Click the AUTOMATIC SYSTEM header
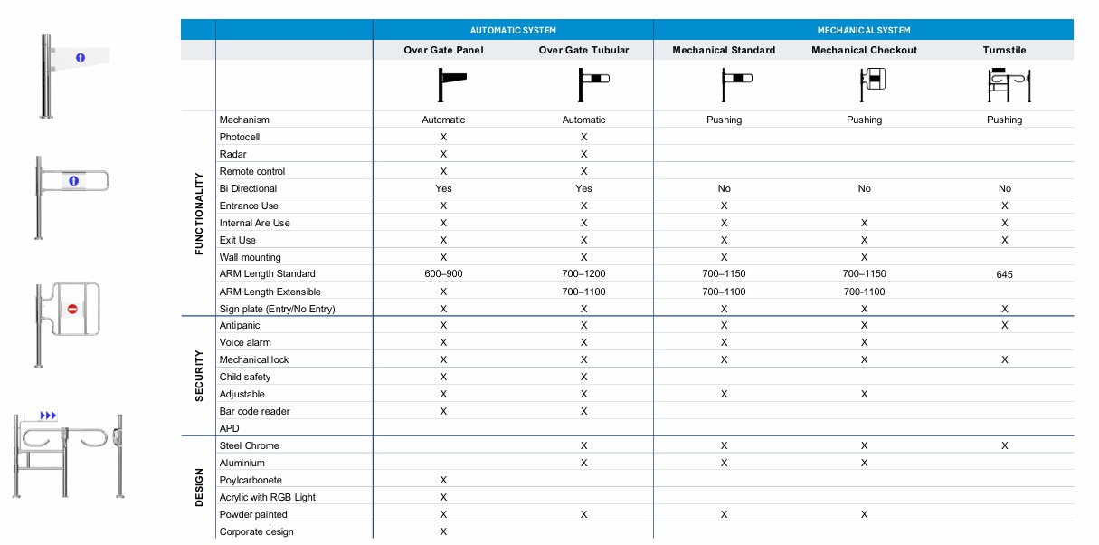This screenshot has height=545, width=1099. [x=513, y=30]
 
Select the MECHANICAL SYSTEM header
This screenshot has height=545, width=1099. [x=864, y=30]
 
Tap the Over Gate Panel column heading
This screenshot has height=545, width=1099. [x=443, y=50]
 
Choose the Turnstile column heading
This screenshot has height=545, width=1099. [x=1004, y=50]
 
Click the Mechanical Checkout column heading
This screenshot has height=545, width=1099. [x=864, y=50]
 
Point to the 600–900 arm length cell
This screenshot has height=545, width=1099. [x=443, y=273]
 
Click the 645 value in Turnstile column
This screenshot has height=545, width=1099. [x=1004, y=274]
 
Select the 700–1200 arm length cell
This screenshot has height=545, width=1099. [x=583, y=273]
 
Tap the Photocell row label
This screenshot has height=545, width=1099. [x=240, y=137]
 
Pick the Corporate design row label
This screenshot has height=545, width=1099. [x=257, y=531]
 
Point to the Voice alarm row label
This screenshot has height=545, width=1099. [x=245, y=342]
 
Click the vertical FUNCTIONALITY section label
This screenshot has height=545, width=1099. [x=200, y=214]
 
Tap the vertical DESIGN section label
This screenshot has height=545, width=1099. [x=200, y=486]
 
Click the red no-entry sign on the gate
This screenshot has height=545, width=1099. [x=73, y=309]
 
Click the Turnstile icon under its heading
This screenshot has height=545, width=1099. [x=1004, y=87]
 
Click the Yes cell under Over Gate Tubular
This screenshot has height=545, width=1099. [x=583, y=188]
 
